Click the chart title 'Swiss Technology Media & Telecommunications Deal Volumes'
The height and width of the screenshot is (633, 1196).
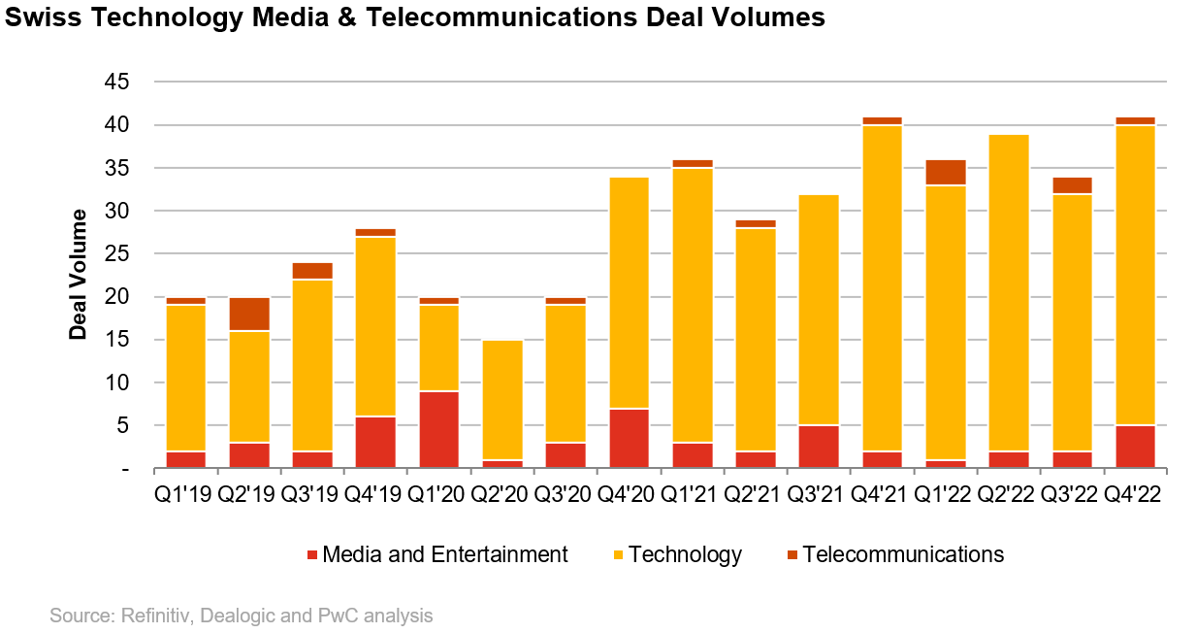413,17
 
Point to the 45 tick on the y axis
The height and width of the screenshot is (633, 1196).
116,83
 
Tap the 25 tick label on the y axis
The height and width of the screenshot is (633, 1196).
116,254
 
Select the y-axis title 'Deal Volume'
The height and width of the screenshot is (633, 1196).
78,275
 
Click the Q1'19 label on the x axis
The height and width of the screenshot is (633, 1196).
185,493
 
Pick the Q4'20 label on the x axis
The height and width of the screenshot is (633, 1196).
629,493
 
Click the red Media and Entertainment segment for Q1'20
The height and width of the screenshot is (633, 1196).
438,429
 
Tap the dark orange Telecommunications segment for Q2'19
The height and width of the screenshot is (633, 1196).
249,314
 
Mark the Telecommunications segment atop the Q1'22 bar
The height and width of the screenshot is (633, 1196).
945,172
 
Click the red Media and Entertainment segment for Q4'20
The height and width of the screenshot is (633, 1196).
629,439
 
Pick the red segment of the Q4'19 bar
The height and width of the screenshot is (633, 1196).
375,443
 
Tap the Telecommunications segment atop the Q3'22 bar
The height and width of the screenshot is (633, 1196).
1072,185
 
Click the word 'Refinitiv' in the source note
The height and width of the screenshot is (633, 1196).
152,616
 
